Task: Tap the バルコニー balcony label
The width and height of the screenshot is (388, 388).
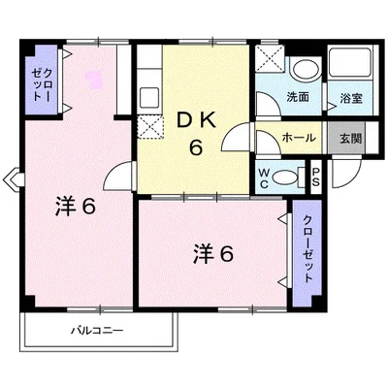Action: point(97,331)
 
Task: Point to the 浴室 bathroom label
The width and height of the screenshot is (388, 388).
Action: point(351,98)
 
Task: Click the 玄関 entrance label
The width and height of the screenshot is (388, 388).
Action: point(350,139)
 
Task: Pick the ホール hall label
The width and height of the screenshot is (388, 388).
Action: point(299,138)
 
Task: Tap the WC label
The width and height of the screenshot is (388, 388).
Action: point(264,178)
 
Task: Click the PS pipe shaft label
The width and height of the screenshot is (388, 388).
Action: point(315,178)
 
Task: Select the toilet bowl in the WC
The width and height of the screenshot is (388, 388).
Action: point(285,178)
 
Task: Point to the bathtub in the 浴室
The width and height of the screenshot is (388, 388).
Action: point(349,63)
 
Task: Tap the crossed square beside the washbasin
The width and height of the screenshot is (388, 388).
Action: point(270,59)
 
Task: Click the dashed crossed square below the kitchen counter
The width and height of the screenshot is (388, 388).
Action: point(149,126)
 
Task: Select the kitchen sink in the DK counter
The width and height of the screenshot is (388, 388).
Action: point(149,97)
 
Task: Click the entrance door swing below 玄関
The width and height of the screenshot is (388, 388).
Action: point(346,172)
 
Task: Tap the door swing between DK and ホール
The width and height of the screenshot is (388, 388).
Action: point(237,137)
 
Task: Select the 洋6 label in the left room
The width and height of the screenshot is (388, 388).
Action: point(76,207)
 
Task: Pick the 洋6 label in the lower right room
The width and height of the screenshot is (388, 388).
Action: point(213,254)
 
